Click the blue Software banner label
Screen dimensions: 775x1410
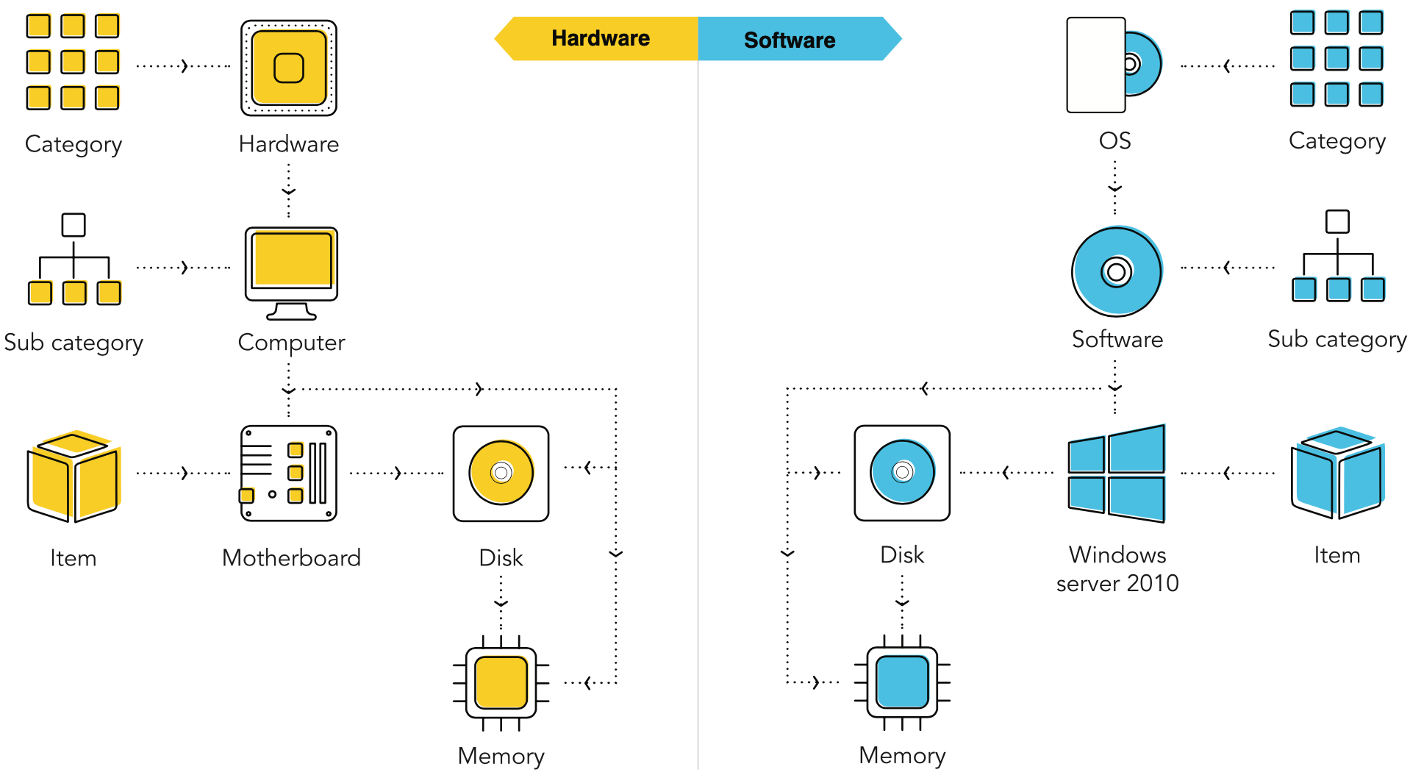(x=789, y=40)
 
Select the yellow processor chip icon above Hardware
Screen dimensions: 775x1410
(x=289, y=68)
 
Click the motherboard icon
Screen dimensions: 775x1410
(x=289, y=473)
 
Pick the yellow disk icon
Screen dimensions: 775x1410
(x=501, y=473)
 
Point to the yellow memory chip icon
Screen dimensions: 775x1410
(x=501, y=682)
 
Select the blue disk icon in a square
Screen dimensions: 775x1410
(x=902, y=472)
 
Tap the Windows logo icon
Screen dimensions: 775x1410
(x=1117, y=473)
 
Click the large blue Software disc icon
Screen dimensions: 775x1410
(x=1117, y=271)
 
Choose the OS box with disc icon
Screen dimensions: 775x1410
(x=1113, y=65)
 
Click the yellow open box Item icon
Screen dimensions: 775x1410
(x=73, y=476)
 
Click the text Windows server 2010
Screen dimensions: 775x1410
(x=1117, y=568)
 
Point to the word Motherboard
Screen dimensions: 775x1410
(x=291, y=558)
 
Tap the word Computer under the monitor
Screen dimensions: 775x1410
(x=291, y=343)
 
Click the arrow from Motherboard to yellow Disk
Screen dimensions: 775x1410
(x=397, y=473)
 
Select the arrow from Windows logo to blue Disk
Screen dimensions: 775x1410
(x=1006, y=472)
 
